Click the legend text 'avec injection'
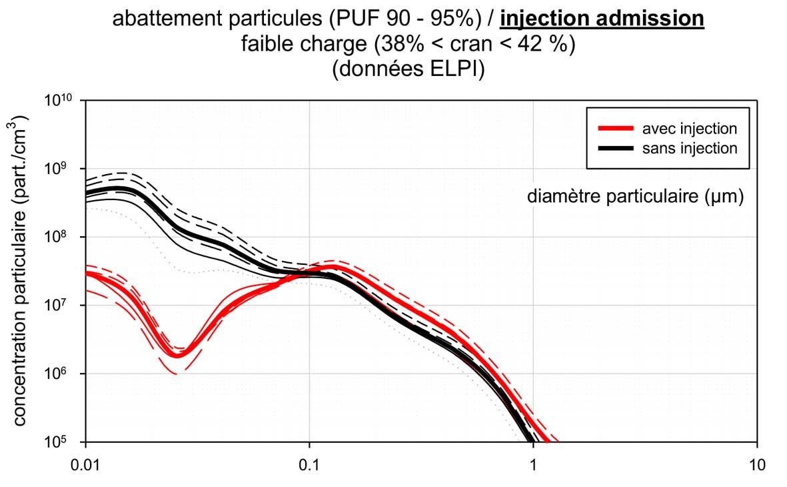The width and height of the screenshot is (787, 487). (690, 128)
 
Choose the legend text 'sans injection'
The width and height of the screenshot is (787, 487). (690, 148)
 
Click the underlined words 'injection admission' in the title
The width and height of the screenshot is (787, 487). (602, 19)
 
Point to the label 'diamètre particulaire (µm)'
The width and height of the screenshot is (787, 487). (635, 197)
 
